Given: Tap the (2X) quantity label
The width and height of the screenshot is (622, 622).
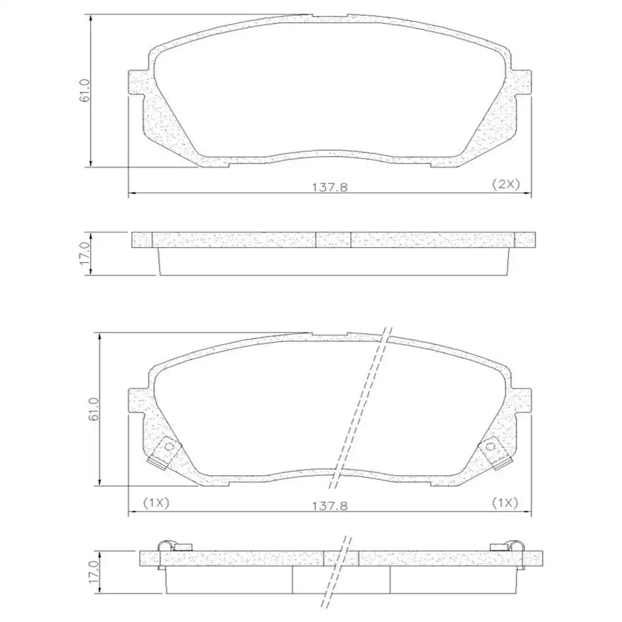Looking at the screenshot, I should [x=505, y=184].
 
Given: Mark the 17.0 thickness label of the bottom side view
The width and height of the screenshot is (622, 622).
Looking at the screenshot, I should [x=93, y=571].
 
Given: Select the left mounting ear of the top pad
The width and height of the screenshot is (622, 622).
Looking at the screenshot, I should [x=137, y=82].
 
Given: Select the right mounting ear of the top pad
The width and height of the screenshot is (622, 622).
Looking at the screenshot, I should [x=522, y=82].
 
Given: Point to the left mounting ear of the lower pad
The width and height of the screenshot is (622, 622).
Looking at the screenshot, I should [x=137, y=401].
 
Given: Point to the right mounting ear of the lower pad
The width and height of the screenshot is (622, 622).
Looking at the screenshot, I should [x=522, y=401].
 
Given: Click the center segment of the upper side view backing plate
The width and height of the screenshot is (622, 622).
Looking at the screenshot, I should [x=333, y=239].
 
